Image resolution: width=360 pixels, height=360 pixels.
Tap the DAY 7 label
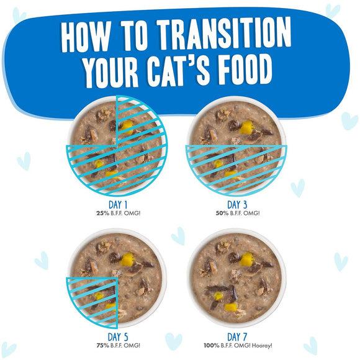click(x=239, y=336)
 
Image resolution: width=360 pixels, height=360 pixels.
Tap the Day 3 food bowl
click(x=240, y=146)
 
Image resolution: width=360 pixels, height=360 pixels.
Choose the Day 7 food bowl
click(x=240, y=278)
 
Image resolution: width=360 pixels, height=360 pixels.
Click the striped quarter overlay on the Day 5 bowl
click(x=93, y=301)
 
